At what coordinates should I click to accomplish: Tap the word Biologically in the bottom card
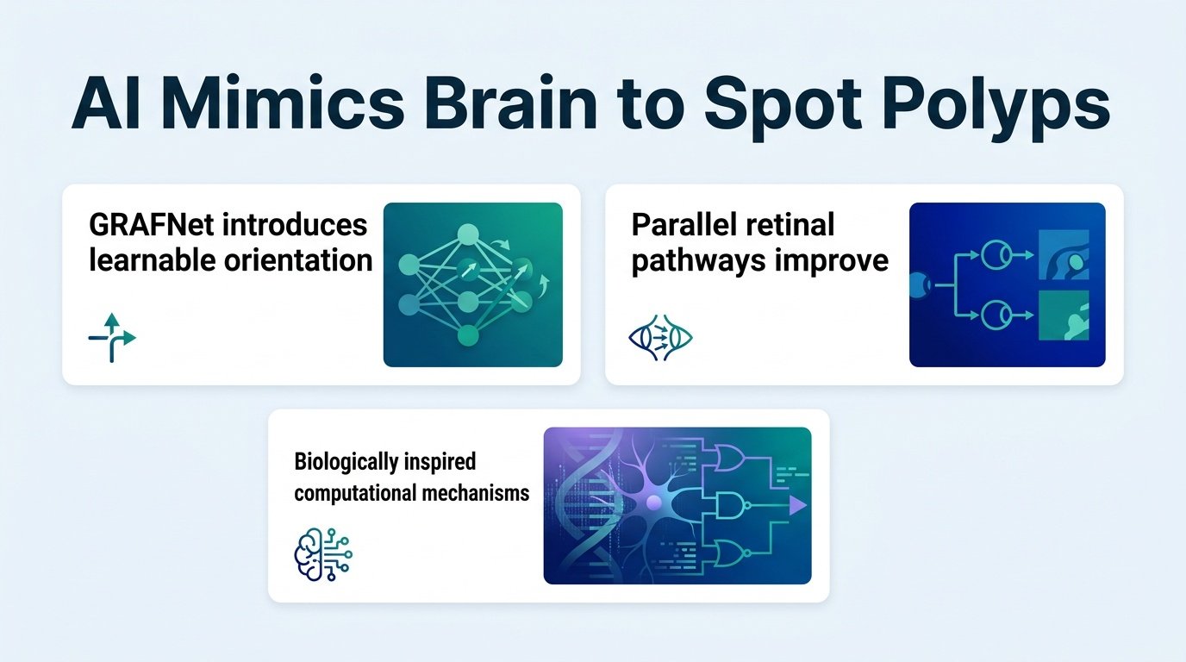click(346, 462)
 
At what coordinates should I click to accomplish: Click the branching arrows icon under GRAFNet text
click(112, 337)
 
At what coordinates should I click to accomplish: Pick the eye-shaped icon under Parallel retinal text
click(660, 338)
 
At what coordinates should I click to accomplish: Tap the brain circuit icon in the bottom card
click(323, 554)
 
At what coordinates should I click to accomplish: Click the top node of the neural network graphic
click(468, 234)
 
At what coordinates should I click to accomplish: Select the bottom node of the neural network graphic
click(468, 335)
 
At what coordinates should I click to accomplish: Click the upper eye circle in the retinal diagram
click(996, 255)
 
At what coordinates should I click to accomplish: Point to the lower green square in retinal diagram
click(1064, 315)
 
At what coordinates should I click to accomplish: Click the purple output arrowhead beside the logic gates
click(797, 505)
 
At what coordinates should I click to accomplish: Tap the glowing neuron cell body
click(654, 502)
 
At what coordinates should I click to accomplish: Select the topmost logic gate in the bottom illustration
click(731, 457)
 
